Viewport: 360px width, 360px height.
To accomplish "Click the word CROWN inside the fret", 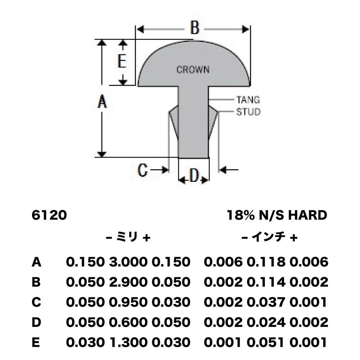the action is pos(193,69).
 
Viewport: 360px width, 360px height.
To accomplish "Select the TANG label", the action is pos(248,100).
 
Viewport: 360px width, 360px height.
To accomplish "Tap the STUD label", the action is pos(248,112).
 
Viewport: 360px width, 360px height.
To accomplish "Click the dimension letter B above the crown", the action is pos(195,28).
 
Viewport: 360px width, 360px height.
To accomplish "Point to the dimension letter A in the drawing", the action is pos(102,102).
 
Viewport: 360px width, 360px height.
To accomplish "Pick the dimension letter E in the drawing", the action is pos(122,61).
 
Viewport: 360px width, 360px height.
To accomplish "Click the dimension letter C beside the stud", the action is pos(142,170).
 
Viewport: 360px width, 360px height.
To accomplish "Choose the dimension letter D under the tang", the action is pos(194,176).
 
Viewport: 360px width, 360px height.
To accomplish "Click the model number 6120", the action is pos(49,215).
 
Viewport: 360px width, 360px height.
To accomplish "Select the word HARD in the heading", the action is pos(307,215).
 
